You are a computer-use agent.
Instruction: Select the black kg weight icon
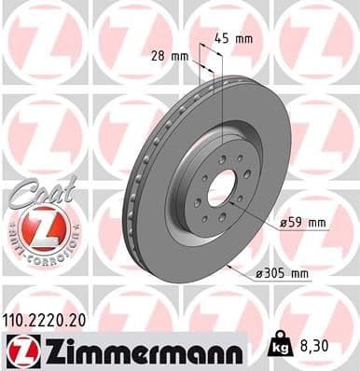(x=275, y=347)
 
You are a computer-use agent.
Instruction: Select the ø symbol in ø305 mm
(x=257, y=273)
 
